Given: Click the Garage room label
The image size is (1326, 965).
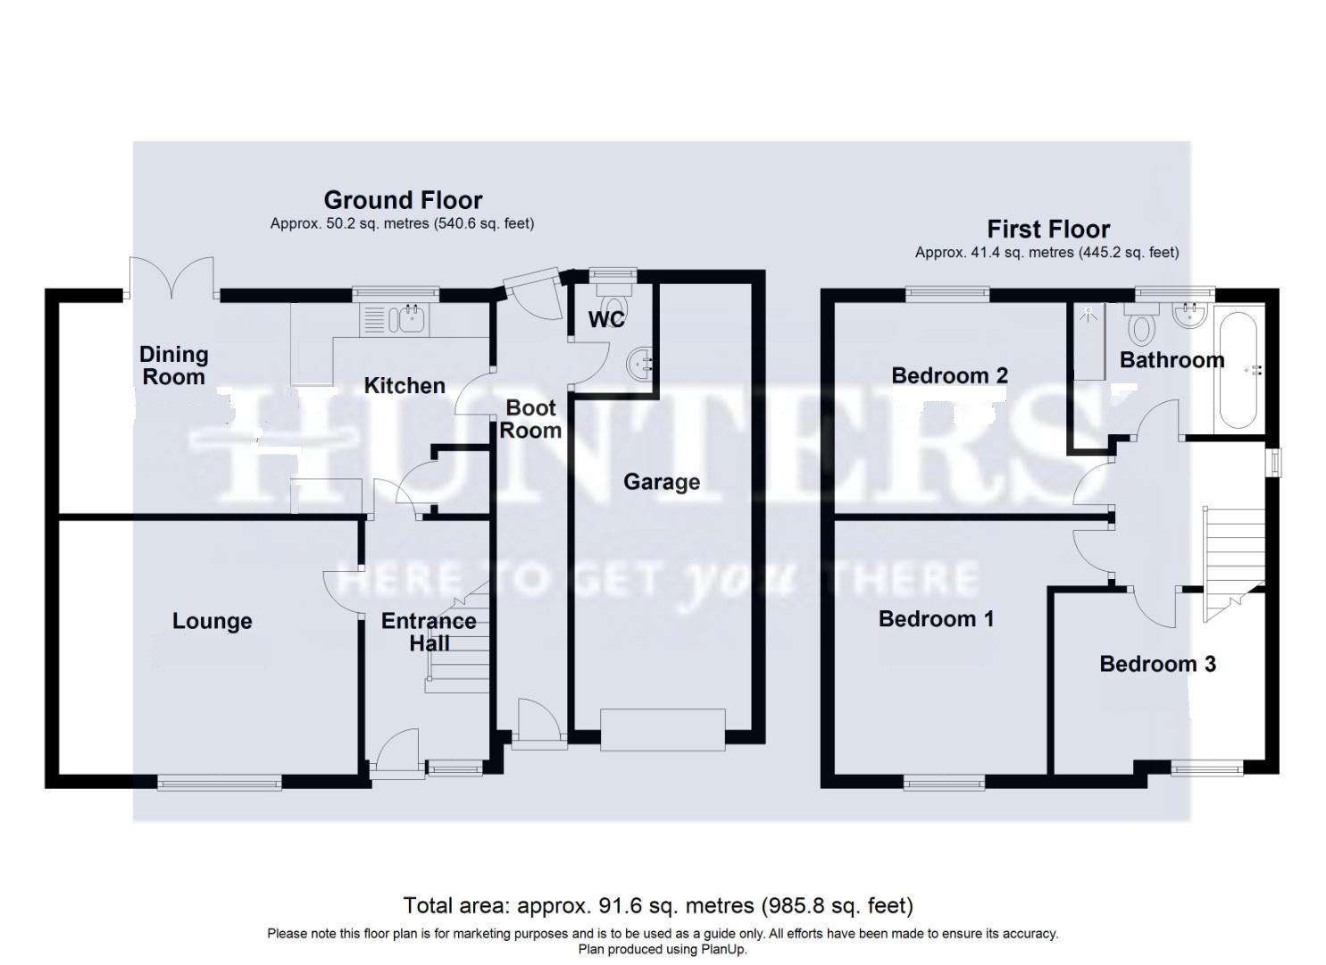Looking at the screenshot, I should pos(661,482).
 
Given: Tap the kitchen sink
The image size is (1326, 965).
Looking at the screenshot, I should pos(412,318).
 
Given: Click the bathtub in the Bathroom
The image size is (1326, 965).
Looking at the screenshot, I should pos(1238,368).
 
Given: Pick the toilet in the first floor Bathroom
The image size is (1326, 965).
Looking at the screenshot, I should pos(1140,327).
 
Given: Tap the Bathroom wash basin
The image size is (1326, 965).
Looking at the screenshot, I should pos(1190,315).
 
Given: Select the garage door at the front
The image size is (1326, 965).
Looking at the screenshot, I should pos(662,729).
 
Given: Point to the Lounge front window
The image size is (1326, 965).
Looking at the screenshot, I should pos(220,784).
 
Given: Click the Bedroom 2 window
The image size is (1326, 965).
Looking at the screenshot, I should pos(947,293).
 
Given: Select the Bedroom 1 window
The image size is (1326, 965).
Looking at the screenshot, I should pos(944,784).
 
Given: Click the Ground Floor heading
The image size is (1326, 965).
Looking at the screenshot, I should pos(403,200).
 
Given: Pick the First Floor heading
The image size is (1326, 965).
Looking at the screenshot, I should pos(1048,230).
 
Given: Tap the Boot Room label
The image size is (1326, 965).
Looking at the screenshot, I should pos(530,419).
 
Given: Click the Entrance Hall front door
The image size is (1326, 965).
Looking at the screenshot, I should pos(396,752).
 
